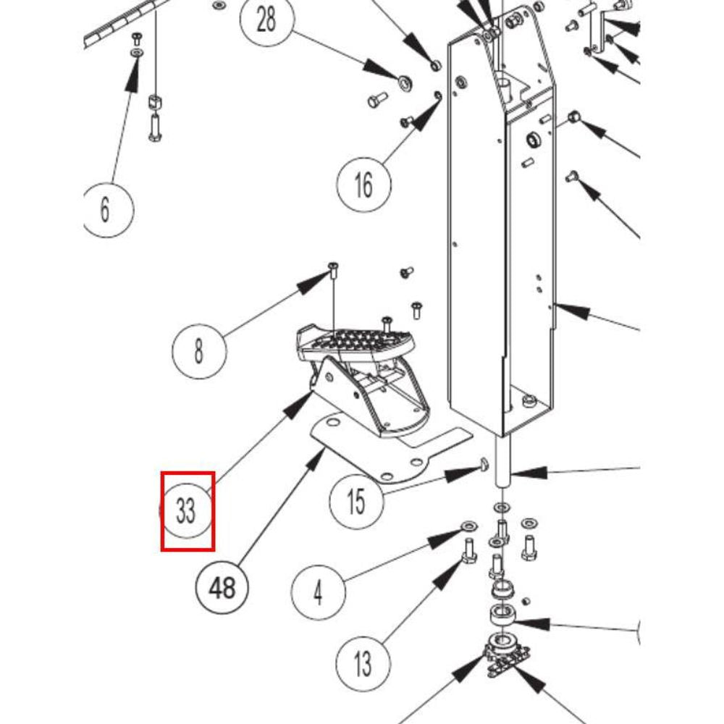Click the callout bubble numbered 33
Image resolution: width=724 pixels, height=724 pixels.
coord(187,510)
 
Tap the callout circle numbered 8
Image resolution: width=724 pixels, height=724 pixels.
coord(198,352)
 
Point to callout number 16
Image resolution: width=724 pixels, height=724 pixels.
coord(363,184)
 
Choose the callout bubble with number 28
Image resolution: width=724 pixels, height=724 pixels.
coord(266,20)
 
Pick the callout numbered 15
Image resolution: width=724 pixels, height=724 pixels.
coord(355,502)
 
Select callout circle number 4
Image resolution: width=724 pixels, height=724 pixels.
coord(318,593)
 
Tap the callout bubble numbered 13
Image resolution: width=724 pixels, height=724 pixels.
coord(363,662)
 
